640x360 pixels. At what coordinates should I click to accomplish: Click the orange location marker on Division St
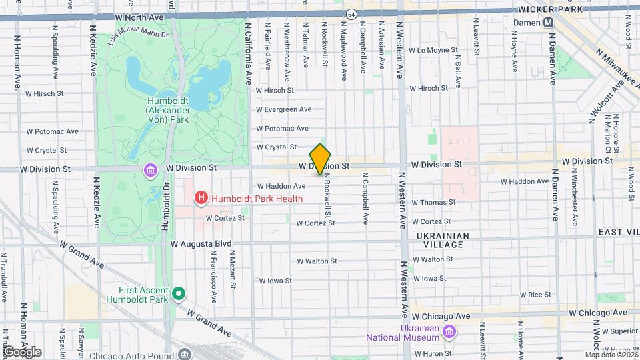click(321, 159)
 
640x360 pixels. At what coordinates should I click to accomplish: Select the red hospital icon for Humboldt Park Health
click(199, 198)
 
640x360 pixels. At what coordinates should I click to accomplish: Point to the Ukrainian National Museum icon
click(449, 332)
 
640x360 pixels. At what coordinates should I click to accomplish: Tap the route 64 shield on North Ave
click(351, 13)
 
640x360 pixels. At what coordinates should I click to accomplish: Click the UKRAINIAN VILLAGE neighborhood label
click(443, 241)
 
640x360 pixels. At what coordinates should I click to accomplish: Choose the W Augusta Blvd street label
click(201, 244)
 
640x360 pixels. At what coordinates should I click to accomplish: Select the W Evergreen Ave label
click(284, 109)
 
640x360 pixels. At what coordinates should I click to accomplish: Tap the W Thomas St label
click(433, 202)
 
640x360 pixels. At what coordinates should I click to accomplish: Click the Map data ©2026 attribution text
click(611, 355)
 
